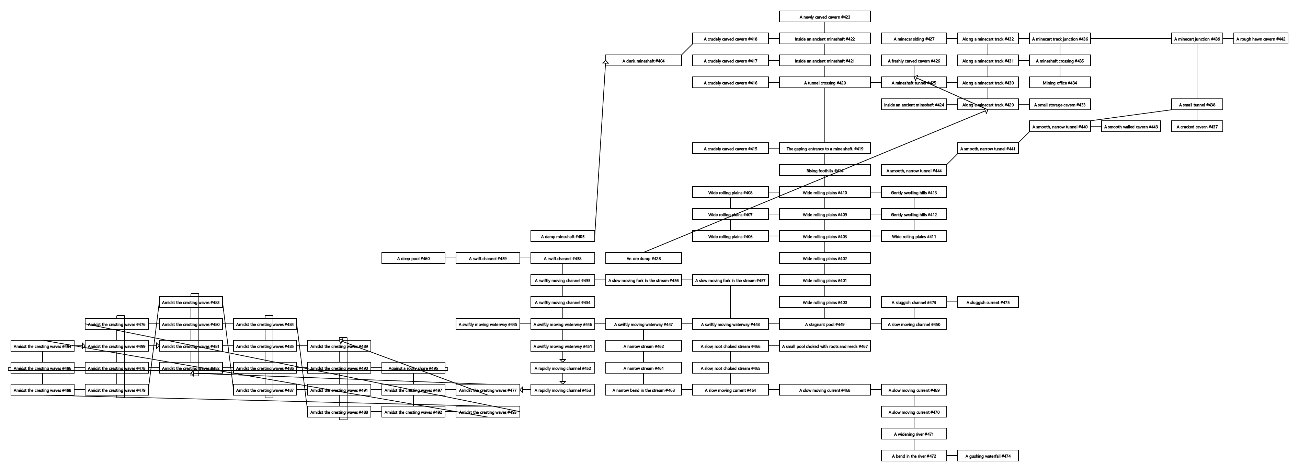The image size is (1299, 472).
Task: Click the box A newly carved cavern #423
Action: coord(824,16)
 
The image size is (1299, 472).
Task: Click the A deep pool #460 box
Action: coord(413,258)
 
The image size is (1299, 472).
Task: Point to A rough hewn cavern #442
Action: coord(1261,39)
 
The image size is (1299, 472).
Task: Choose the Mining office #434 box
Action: coord(1059,83)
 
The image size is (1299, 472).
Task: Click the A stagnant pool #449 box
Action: coord(824,324)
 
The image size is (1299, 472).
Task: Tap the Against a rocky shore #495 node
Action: coord(413,368)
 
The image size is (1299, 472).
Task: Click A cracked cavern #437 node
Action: coord(1197,127)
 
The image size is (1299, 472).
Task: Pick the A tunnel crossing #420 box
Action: coord(824,83)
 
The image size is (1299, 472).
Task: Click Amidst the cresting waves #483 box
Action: coord(191,302)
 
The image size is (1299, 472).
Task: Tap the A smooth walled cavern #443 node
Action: coord(1131,127)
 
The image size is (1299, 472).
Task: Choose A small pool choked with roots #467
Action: coord(824,346)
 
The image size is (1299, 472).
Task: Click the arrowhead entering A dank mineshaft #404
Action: coord(606,62)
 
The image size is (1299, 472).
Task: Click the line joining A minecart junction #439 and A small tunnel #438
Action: coord(1197,72)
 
